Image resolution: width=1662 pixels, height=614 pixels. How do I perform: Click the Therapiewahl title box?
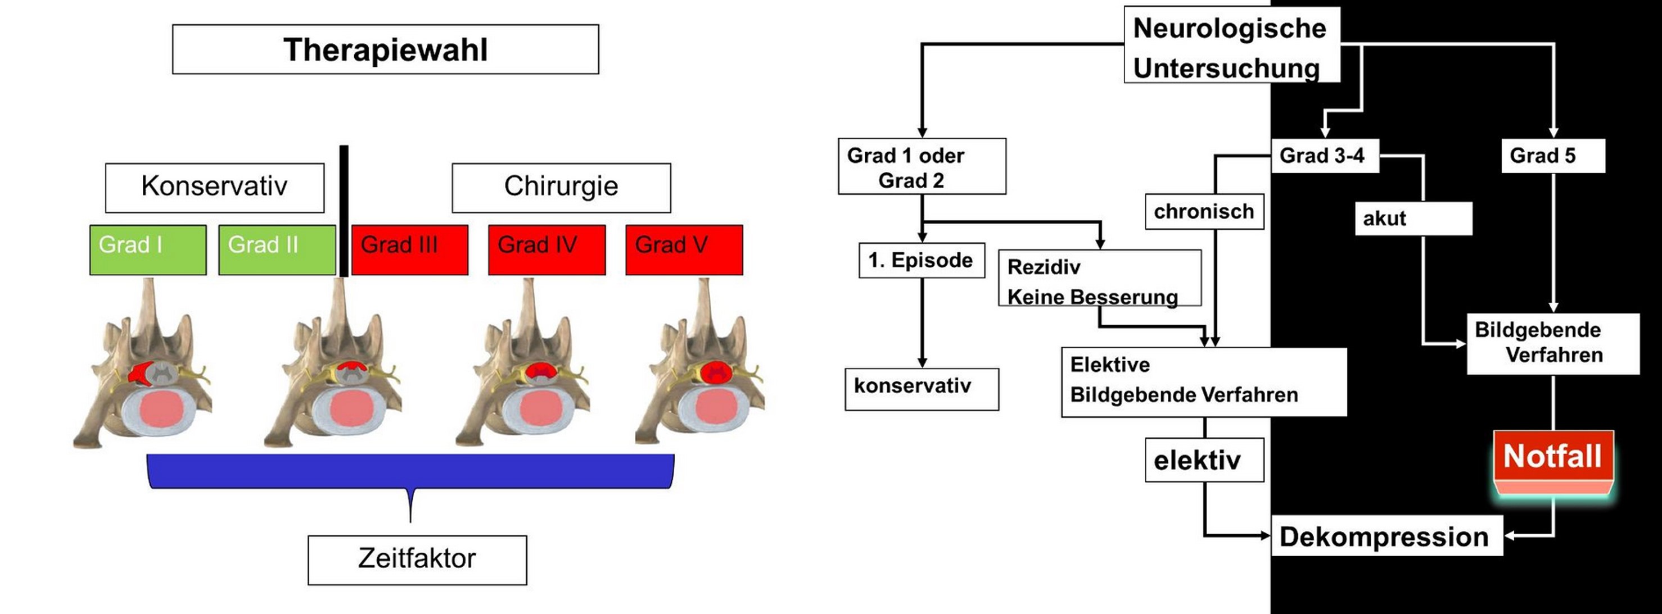point(385,49)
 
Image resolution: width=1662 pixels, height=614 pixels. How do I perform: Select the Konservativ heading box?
point(214,187)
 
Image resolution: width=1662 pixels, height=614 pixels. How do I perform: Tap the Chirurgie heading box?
point(561,187)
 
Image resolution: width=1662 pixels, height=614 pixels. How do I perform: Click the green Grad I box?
point(148,249)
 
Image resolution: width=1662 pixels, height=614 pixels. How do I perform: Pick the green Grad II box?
point(277,249)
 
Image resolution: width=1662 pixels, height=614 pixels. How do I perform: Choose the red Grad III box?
point(410,249)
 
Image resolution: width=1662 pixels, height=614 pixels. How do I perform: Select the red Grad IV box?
point(547,249)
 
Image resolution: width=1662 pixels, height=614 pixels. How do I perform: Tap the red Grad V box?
point(684,249)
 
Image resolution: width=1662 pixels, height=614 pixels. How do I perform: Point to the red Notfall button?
point(1553,458)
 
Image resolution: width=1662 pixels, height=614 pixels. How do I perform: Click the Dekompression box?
point(1386,536)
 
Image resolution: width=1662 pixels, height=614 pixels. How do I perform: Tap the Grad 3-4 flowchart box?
point(1325,156)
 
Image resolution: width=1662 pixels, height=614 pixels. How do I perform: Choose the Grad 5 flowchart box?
point(1552,156)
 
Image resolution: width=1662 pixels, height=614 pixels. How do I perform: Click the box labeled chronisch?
point(1204,212)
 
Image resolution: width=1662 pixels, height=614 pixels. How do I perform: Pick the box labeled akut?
point(1413,219)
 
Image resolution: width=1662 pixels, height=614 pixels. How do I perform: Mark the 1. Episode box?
point(922,261)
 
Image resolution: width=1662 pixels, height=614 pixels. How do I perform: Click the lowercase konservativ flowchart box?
point(922,389)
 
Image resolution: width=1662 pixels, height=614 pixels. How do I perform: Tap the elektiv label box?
point(1204,460)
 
